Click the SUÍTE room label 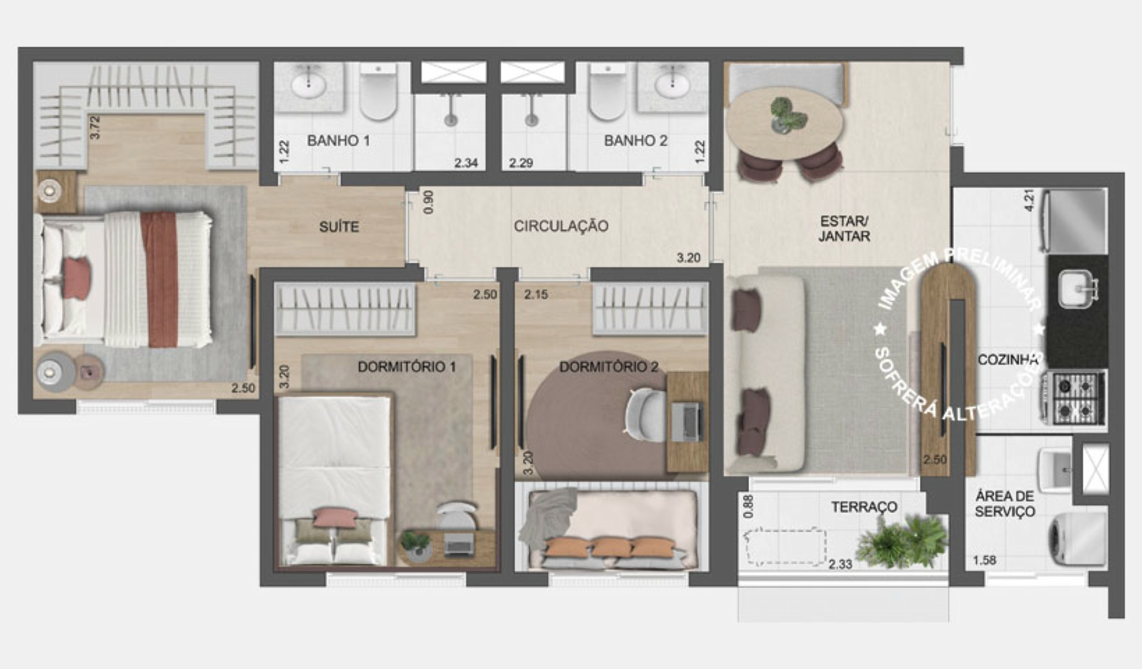tap(339, 227)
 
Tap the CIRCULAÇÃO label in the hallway tap(561, 226)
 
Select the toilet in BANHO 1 tap(379, 92)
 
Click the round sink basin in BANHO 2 tap(672, 86)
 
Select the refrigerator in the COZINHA tap(1076, 220)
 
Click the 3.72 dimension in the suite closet tap(95, 127)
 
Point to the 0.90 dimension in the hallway tap(428, 202)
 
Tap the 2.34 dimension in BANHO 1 tap(466, 163)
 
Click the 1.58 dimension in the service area tap(984, 560)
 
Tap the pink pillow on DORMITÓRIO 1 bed tap(335, 516)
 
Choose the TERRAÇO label tap(864, 507)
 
